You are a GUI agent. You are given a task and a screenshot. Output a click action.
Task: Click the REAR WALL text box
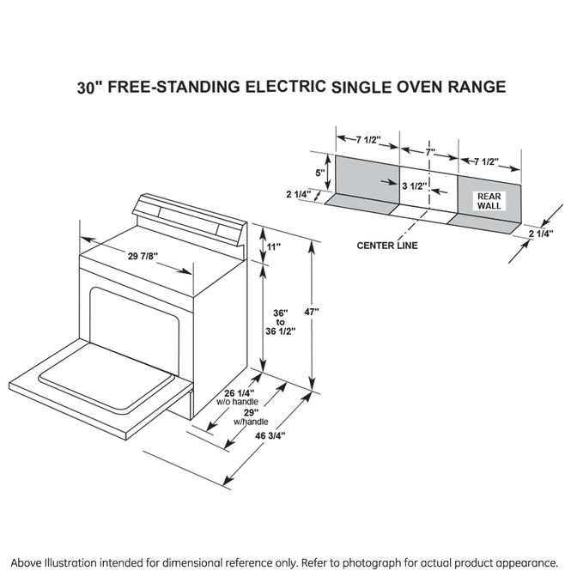tap(489, 201)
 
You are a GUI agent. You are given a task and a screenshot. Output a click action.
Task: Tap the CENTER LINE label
tap(387, 246)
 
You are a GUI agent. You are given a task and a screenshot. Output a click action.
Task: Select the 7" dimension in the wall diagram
tap(429, 152)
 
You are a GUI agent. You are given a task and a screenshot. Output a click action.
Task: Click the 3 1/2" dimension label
tap(414, 185)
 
